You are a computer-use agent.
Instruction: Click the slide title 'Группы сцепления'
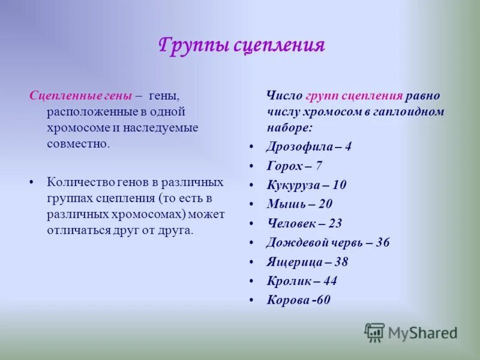coord(242,45)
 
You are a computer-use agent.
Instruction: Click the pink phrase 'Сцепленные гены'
coord(80,96)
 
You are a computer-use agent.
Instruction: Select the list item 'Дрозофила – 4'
coord(309,146)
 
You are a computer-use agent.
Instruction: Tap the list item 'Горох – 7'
coord(295,166)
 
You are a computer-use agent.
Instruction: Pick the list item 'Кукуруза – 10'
coord(306,185)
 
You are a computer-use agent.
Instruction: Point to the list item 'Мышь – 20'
coord(299,204)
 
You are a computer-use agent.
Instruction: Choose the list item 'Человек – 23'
coord(304,223)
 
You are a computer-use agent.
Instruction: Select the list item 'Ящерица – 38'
coord(307,262)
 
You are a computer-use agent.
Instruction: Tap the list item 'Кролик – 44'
coord(302,281)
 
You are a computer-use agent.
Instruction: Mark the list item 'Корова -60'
coord(298,300)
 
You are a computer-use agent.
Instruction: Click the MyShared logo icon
coord(375,332)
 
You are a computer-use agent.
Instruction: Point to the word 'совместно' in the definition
coord(77,144)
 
